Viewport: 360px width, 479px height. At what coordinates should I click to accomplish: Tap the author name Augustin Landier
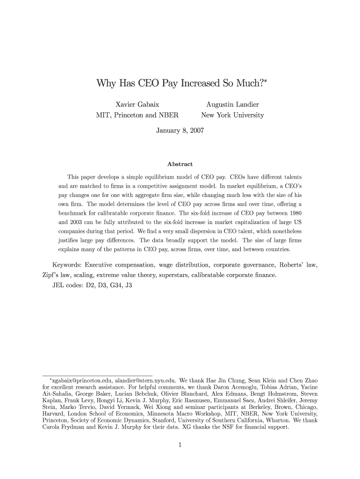click(232, 104)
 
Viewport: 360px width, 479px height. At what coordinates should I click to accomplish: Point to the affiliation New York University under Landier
click(232, 115)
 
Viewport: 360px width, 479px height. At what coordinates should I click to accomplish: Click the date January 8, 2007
click(180, 131)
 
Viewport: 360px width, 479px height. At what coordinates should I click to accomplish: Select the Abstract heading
click(180, 164)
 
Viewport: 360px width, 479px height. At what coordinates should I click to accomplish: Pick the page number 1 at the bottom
click(180, 445)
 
